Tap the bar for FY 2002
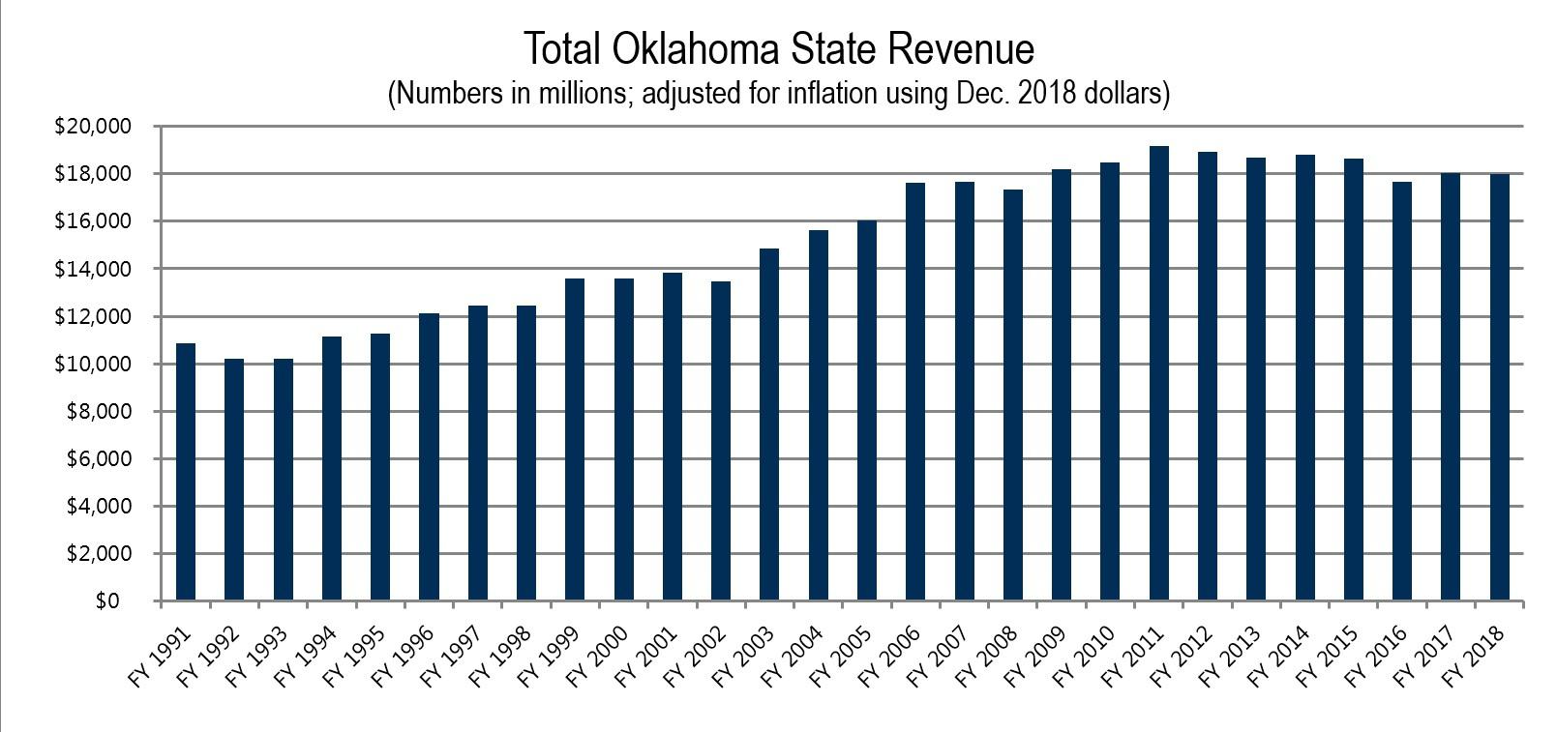(x=721, y=441)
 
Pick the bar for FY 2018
(x=1499, y=387)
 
